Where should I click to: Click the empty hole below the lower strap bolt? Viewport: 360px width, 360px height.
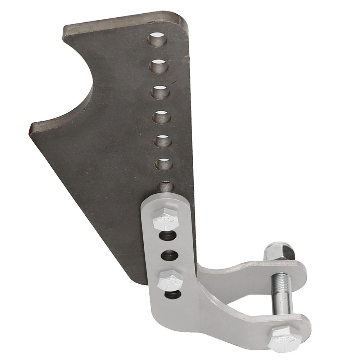[172, 296]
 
